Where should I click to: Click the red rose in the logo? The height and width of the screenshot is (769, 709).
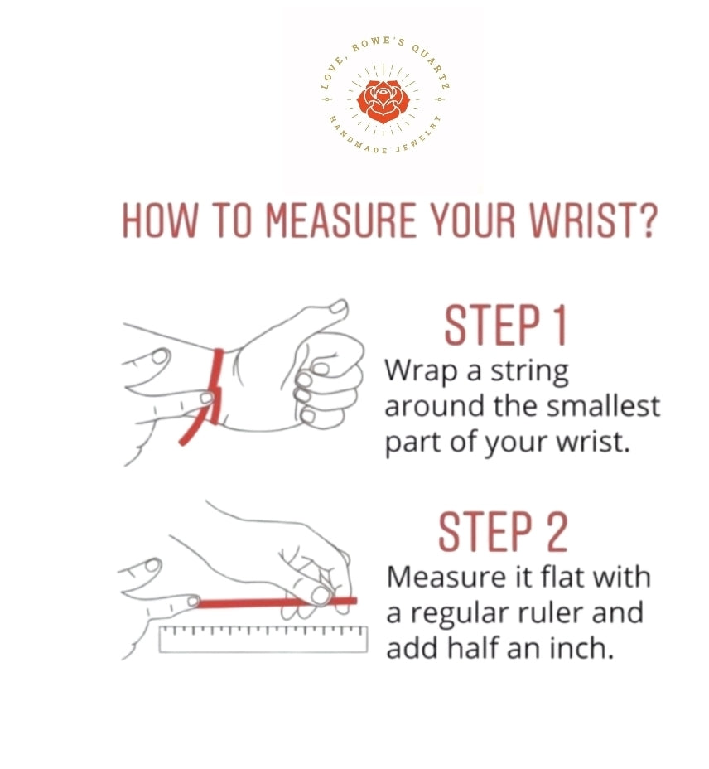pos(383,102)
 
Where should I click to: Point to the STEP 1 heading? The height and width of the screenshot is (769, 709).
pos(505,326)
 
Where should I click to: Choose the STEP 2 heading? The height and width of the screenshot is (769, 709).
pos(503,531)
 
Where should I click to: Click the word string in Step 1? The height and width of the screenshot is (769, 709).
pos(530,372)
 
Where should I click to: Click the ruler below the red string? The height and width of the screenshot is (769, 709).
pos(263,639)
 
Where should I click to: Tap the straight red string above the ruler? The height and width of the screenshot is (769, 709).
pos(276,602)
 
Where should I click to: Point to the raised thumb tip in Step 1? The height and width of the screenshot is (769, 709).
pos(338,307)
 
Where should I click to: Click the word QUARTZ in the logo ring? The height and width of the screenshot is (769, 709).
pos(430,68)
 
